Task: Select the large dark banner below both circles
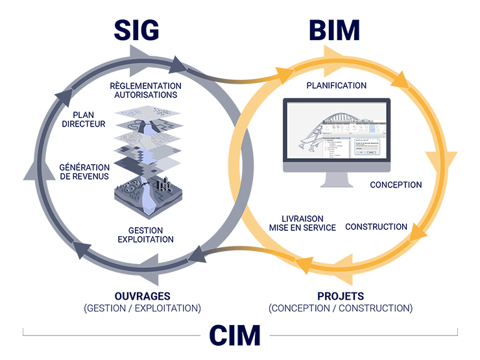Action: (240, 305)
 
